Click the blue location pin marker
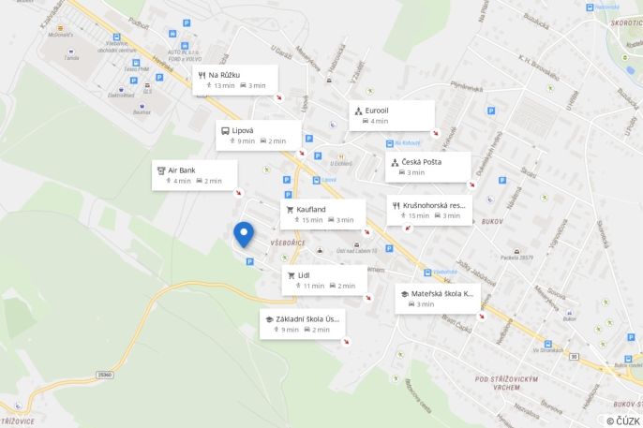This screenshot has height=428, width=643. [x=244, y=233]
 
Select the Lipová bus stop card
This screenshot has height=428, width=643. [x=259, y=135]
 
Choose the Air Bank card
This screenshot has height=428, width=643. [x=195, y=175]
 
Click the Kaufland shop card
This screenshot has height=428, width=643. [x=322, y=214]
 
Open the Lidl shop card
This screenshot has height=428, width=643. [x=324, y=280]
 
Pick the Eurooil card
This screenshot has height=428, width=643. [x=392, y=115]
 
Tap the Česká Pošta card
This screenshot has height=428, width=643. [x=428, y=167]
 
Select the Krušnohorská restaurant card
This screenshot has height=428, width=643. [x=429, y=210]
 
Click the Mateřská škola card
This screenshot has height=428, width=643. [x=436, y=298]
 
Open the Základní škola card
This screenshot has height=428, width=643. [x=303, y=324]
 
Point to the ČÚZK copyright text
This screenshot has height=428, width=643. [x=623, y=421]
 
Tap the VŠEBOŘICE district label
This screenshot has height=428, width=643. [x=288, y=243]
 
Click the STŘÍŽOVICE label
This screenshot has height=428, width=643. [x=18, y=421]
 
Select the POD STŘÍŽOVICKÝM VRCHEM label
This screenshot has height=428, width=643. [x=511, y=378]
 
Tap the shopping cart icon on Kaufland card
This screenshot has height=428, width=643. [x=291, y=209]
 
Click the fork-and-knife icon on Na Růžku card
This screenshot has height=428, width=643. [x=202, y=74]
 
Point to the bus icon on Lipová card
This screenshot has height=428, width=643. [x=225, y=130]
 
